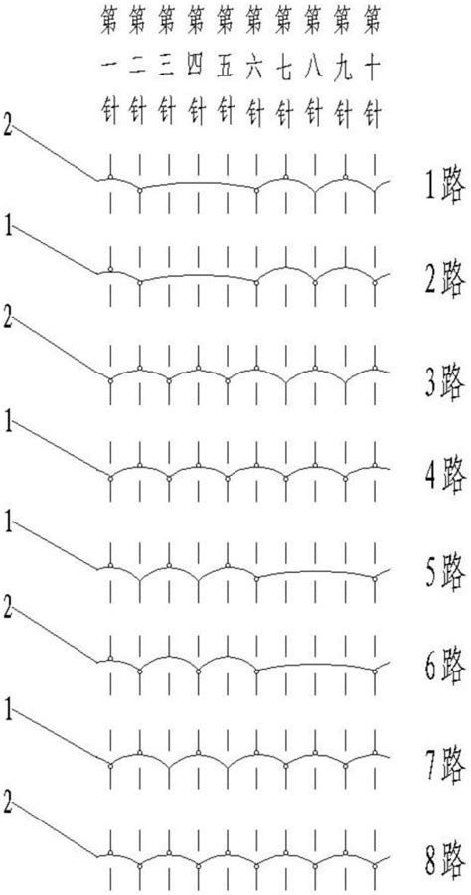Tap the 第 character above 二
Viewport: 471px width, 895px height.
[138, 23]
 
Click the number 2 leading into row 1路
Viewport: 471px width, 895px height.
[7, 127]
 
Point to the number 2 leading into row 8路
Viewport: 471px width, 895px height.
[7, 801]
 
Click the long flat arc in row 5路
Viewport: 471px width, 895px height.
[316, 572]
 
